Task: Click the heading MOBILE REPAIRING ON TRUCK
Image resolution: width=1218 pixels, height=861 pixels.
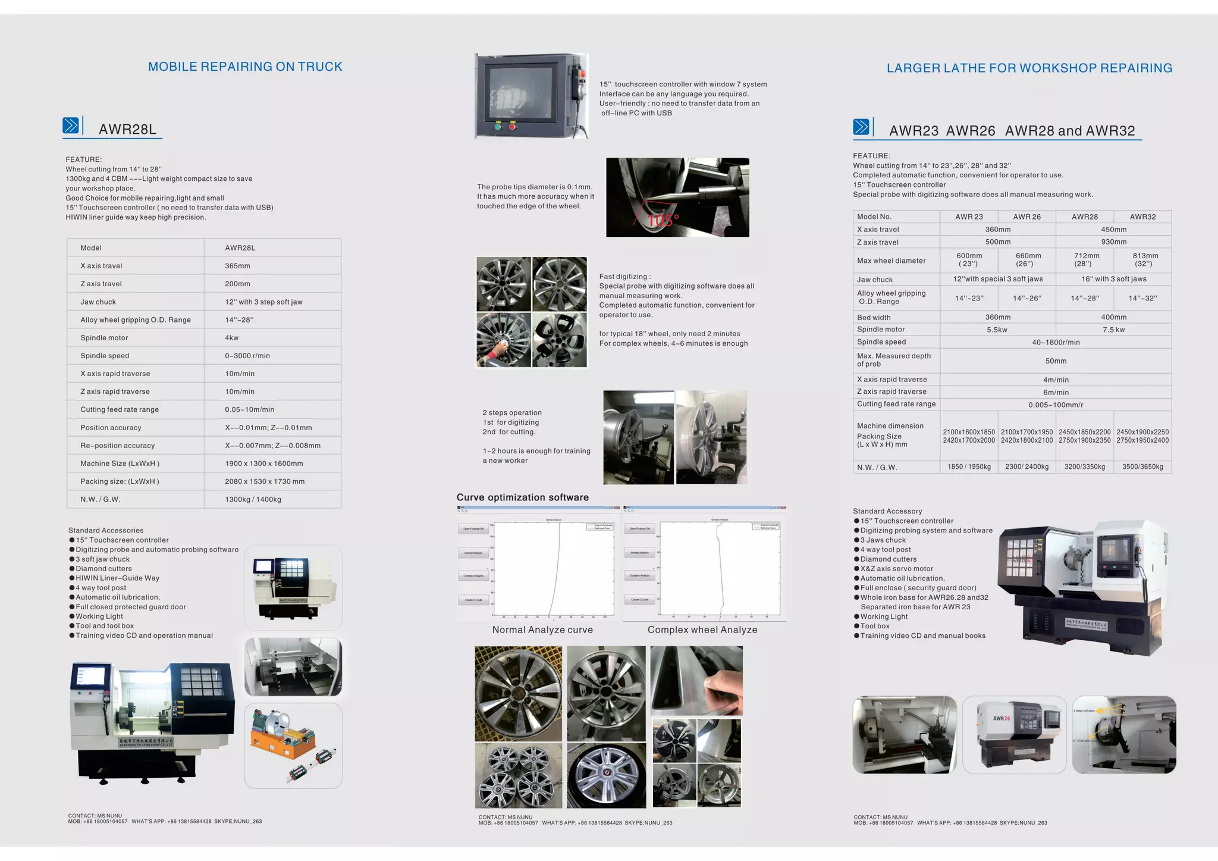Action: tap(245, 67)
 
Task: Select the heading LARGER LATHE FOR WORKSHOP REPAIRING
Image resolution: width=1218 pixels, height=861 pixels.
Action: tap(1029, 68)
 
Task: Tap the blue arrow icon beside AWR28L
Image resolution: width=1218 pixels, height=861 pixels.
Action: tap(71, 126)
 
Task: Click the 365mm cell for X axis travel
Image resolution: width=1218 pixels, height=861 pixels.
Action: tap(237, 266)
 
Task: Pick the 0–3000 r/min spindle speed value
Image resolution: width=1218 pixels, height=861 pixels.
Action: tap(247, 356)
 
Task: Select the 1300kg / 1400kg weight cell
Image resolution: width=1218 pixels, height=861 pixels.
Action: tap(253, 499)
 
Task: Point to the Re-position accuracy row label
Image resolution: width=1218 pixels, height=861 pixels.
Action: tap(118, 446)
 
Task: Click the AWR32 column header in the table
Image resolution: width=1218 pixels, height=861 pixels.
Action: tap(1142, 217)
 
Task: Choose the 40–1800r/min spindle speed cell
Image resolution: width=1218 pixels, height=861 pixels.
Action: tap(1056, 342)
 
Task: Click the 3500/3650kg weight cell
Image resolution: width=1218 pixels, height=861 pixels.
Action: tap(1142, 467)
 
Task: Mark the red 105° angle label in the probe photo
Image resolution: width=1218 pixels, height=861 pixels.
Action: tap(663, 221)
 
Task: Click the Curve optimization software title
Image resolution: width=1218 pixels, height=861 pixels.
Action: tap(522, 497)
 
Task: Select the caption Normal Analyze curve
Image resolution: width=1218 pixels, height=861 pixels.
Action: tap(542, 630)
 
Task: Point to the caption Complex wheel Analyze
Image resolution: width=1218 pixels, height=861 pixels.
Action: tap(702, 630)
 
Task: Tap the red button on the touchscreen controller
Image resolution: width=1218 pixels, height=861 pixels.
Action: tap(512, 126)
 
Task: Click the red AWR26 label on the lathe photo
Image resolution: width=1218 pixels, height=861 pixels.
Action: tap(1002, 718)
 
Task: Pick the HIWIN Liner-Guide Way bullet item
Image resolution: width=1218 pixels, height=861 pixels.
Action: tap(117, 578)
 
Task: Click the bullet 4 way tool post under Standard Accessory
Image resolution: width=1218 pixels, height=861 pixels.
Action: tap(885, 550)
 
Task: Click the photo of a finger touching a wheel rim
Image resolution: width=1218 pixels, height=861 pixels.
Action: tap(696, 680)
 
